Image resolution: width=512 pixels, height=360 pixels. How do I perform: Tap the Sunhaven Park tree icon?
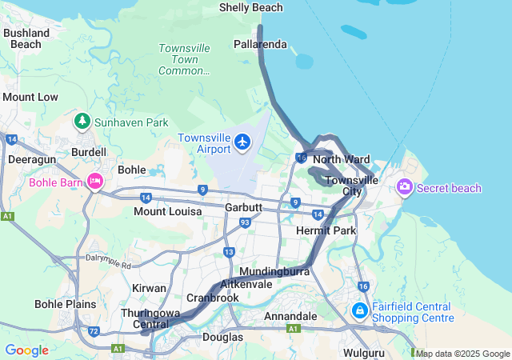(x=82, y=122)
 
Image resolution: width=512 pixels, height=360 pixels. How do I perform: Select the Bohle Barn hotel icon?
(x=95, y=182)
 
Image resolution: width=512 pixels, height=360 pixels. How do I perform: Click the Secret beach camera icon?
(x=404, y=187)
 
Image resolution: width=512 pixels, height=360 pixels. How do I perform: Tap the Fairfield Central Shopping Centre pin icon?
(x=359, y=310)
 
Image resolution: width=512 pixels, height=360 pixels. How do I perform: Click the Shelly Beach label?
(x=250, y=8)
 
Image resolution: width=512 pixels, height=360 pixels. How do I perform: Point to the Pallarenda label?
(x=260, y=44)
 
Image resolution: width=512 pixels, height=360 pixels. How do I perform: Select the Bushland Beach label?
(x=26, y=38)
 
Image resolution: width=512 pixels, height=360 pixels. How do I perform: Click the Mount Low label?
(x=30, y=97)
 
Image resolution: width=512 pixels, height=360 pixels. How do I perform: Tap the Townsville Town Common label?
(x=184, y=59)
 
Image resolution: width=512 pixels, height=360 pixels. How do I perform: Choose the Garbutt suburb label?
(x=243, y=206)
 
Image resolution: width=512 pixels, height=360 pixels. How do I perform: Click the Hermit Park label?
(x=325, y=230)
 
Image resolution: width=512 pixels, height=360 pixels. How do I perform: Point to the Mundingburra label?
(x=274, y=271)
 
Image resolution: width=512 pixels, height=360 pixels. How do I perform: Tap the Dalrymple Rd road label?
(x=107, y=259)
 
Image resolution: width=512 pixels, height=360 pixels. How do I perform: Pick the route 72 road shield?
(x=94, y=330)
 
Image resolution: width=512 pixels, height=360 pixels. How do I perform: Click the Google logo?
(x=26, y=350)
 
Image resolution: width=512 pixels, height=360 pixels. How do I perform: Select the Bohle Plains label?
(x=65, y=304)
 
